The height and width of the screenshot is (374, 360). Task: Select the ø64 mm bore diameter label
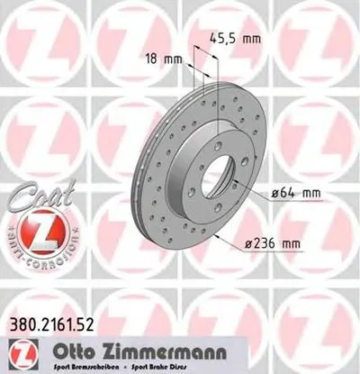coord(298,192)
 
